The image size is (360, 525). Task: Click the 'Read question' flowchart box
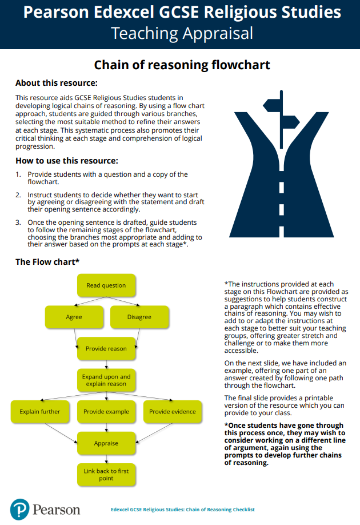pos(106,285)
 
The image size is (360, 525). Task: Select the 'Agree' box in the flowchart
pos(74,317)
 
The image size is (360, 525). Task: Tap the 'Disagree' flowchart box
pos(139,317)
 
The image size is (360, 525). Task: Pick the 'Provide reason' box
pos(106,348)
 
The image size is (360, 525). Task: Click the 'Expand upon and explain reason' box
pos(106,380)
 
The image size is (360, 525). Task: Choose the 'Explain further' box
pos(39,411)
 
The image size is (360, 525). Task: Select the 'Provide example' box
pos(106,411)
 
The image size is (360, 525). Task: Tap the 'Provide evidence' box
pos(172,411)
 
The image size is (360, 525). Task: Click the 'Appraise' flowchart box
pos(106,443)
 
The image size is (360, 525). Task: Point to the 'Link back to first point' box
pos(106,475)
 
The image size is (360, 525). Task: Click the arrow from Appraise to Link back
pos(106,459)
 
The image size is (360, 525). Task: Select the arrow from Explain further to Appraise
pos(62,433)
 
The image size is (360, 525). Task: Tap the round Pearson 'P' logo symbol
pos(19,508)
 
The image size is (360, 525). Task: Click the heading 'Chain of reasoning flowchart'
pos(182,65)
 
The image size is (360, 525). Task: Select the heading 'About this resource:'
pos(56,83)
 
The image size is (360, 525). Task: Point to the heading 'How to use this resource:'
pos(67,160)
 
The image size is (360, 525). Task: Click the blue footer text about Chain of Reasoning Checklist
pos(182,510)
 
